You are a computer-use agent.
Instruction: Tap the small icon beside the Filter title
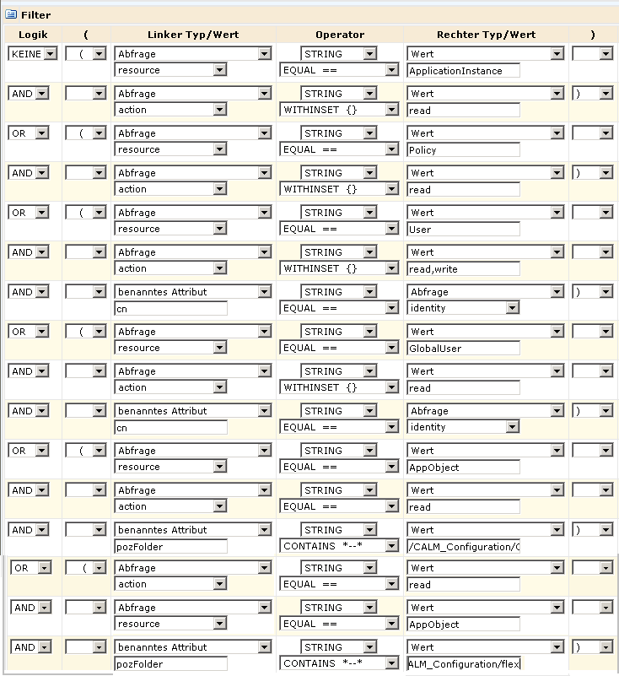click(x=11, y=14)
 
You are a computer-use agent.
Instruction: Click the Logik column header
click(x=33, y=35)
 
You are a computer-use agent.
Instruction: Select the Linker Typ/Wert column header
click(x=192, y=35)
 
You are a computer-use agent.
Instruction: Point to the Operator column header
click(x=340, y=35)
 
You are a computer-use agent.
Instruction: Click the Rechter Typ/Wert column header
click(x=486, y=35)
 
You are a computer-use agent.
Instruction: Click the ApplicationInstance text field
click(x=463, y=71)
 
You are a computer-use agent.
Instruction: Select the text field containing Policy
click(x=463, y=150)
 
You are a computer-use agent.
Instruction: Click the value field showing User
click(x=463, y=230)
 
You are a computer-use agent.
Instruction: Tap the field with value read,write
click(x=463, y=269)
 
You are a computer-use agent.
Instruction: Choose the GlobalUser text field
click(x=463, y=349)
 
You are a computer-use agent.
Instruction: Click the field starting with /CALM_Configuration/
click(x=463, y=547)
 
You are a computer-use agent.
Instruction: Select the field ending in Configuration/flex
click(x=463, y=664)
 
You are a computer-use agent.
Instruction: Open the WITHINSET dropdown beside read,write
click(x=339, y=269)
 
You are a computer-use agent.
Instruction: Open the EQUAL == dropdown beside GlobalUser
click(x=339, y=349)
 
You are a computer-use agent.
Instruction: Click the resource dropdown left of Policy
click(x=170, y=150)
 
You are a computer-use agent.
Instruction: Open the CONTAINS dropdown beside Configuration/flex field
click(x=339, y=664)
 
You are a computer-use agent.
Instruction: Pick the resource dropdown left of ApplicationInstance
click(x=170, y=71)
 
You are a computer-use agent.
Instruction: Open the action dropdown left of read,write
click(x=170, y=269)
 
